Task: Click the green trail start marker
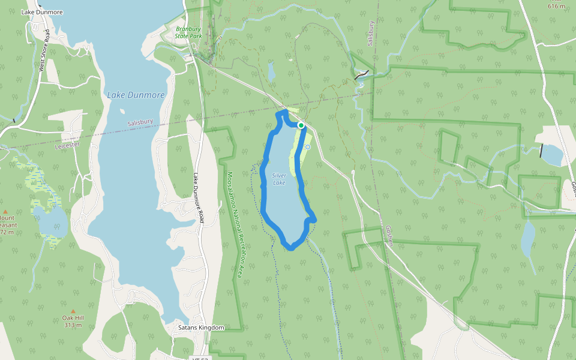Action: point(301,125)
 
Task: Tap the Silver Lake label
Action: point(280,179)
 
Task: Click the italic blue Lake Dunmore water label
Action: point(136,95)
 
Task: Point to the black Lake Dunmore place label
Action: point(42,12)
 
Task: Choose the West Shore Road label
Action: point(43,57)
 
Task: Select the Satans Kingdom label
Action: point(201,328)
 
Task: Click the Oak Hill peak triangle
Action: point(73,311)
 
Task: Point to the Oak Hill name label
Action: point(73,318)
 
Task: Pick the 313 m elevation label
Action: point(73,325)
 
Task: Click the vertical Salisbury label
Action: point(371,34)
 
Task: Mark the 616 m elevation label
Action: point(556,6)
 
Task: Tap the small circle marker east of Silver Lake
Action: point(308,146)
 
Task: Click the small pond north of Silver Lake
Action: point(271,72)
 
